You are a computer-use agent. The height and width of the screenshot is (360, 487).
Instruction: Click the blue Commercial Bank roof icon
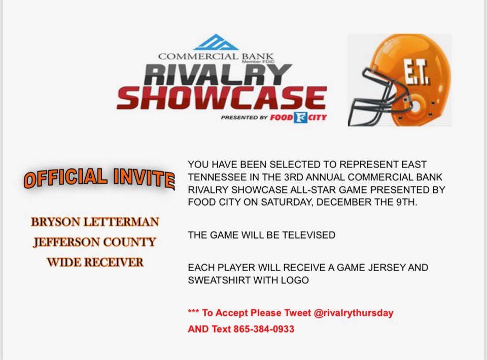[216, 42]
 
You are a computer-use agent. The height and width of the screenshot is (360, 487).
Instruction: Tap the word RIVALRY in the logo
[218, 75]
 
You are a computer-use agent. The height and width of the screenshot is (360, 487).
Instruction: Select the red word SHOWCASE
[221, 98]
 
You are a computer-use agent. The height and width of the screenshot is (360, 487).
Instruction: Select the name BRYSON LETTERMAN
[95, 222]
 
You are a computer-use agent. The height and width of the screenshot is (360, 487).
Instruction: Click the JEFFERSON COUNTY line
[95, 242]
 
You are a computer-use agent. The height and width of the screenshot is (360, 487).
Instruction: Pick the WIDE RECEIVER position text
[95, 263]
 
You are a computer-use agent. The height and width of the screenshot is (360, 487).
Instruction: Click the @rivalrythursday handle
[354, 313]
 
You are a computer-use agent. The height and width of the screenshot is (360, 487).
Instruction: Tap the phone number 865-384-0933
[264, 329]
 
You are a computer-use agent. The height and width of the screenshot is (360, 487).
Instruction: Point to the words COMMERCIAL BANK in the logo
[216, 56]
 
